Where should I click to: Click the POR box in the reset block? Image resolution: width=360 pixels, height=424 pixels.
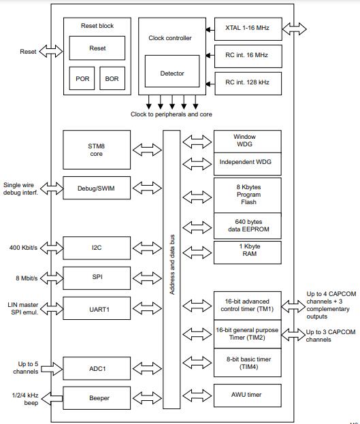point(82,78)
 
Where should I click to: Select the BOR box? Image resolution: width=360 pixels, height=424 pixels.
point(112,78)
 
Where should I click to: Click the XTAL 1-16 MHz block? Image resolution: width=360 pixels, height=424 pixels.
point(248,29)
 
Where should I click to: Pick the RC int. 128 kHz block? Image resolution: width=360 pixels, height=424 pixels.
point(248,84)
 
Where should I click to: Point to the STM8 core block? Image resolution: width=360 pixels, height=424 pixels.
point(97,150)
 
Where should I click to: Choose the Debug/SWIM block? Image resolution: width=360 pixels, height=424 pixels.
point(97,188)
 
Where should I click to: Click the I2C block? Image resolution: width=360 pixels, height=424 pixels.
point(97,248)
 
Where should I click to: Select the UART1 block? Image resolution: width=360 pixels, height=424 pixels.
point(97,308)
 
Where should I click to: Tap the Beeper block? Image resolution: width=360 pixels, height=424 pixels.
point(97,397)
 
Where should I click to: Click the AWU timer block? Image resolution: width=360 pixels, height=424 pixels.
point(248,395)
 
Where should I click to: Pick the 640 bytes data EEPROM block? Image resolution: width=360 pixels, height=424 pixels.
point(248,226)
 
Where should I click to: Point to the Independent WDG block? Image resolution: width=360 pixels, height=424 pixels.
point(248,164)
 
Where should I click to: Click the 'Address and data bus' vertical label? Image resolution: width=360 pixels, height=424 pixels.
point(172,265)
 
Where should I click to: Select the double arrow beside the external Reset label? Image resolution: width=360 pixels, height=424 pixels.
point(51,51)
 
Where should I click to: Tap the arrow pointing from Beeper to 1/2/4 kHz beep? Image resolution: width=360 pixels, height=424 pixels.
point(52,398)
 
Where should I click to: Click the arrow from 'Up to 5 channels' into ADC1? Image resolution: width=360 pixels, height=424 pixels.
point(52,369)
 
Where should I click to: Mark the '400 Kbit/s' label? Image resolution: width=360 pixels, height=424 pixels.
point(23,248)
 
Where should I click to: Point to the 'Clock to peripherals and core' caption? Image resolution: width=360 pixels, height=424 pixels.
point(171,114)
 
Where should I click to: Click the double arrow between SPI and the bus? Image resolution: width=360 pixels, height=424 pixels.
point(147,278)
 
